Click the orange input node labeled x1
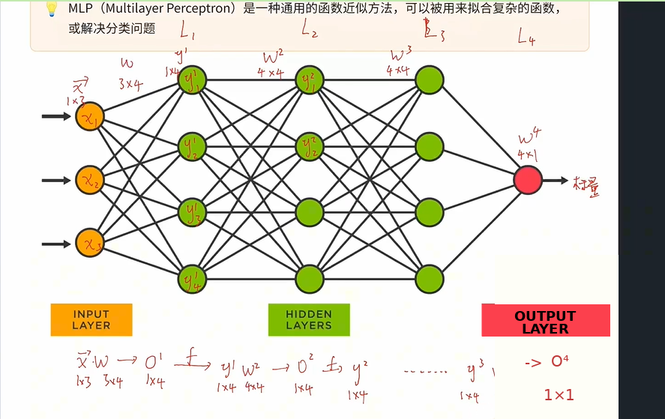click(x=89, y=117)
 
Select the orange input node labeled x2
click(x=89, y=180)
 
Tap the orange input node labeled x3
click(x=89, y=244)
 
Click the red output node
click(x=528, y=180)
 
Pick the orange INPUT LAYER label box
click(x=91, y=320)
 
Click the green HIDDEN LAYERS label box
click(x=309, y=320)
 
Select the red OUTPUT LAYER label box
click(x=545, y=321)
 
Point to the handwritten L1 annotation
click(x=188, y=31)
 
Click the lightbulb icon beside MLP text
click(x=52, y=9)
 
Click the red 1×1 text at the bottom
click(x=559, y=394)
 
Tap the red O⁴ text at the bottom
click(x=557, y=362)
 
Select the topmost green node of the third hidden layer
click(x=430, y=79)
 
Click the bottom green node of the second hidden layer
click(x=309, y=279)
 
